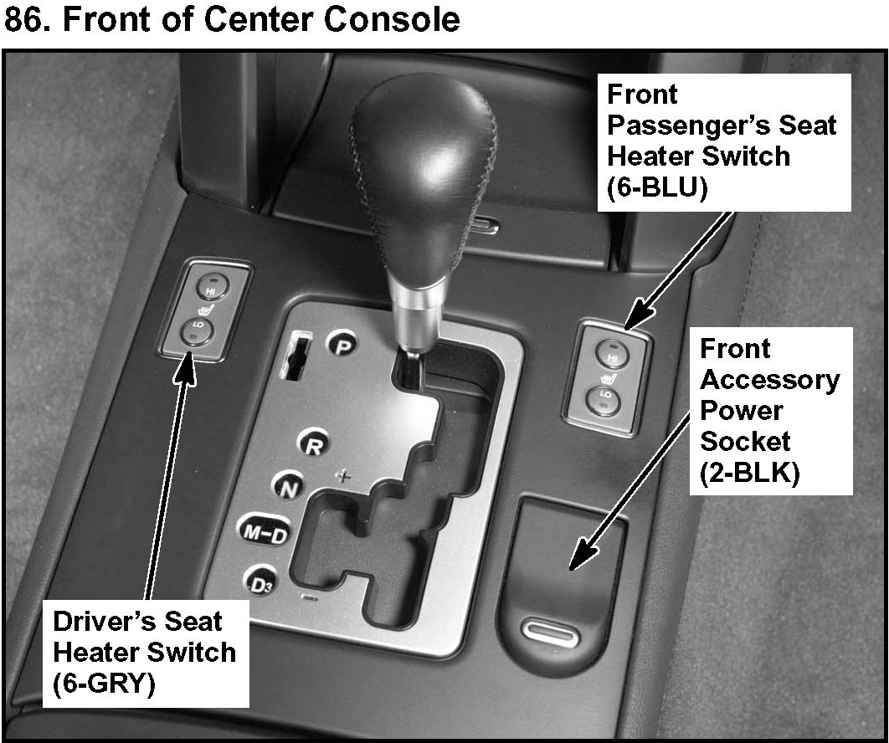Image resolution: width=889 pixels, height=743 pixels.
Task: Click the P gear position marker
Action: click(341, 344)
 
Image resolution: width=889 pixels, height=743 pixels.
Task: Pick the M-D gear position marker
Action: click(264, 534)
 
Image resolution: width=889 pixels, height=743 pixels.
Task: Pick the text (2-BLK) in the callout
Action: click(749, 474)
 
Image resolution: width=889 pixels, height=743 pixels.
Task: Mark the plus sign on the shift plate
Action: click(342, 477)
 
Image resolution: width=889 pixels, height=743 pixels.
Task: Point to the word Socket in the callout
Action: click(744, 442)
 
